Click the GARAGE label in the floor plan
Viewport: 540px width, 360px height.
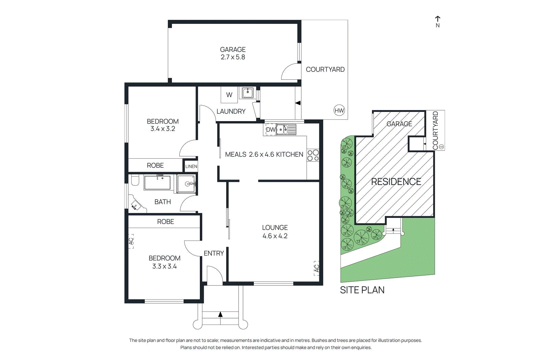[x=233, y=50]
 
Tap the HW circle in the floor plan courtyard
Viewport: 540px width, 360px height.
[x=339, y=110]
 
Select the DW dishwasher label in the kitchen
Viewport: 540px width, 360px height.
[x=270, y=130]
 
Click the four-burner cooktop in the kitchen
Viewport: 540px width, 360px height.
[x=313, y=155]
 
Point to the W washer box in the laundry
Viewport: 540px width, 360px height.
[x=229, y=95]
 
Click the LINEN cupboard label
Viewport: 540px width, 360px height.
[x=191, y=166]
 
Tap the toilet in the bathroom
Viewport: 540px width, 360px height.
[x=135, y=181]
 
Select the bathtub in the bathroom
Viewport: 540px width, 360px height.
[x=157, y=183]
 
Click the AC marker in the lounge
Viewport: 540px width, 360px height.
[x=316, y=268]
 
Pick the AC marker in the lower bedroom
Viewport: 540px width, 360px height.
[x=131, y=241]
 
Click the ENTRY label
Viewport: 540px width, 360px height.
[x=214, y=253]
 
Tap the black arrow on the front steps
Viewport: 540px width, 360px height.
[x=220, y=314]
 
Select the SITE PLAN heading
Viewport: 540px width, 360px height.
[x=362, y=290]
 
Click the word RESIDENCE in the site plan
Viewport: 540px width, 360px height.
[x=396, y=182]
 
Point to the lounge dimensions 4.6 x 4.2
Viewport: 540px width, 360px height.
[x=275, y=236]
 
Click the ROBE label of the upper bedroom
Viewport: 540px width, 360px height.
[x=155, y=165]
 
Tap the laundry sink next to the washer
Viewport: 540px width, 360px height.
[x=248, y=93]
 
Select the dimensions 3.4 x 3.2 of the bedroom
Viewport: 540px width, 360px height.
[x=163, y=129]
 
